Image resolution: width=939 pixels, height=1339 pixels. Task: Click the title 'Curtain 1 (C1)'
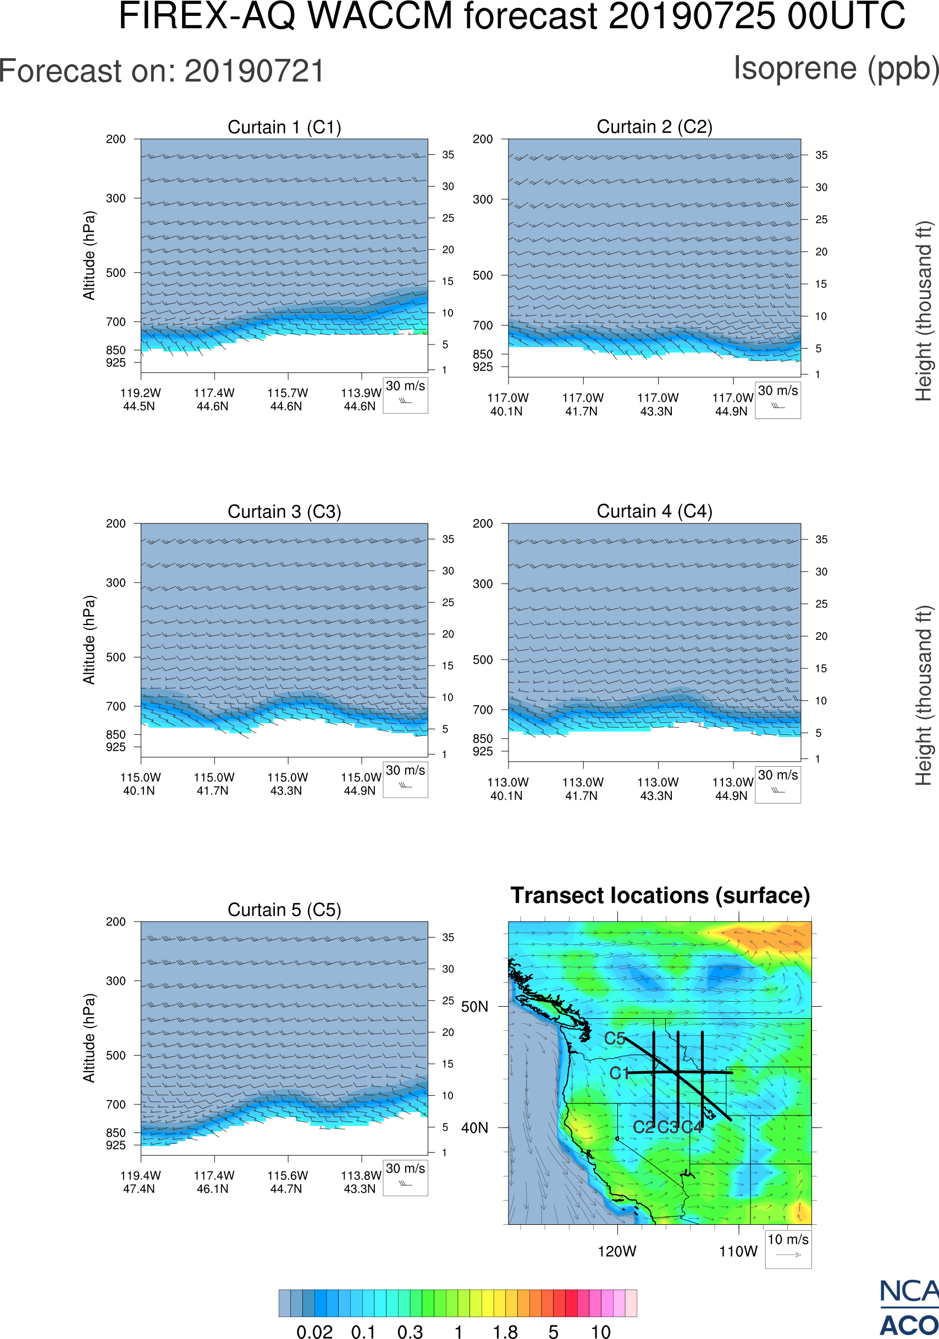[284, 127]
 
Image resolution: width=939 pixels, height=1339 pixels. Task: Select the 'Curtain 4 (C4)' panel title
[654, 511]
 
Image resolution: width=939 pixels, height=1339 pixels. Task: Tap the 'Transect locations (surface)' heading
[660, 895]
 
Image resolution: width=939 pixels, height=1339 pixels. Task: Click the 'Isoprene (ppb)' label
[836, 68]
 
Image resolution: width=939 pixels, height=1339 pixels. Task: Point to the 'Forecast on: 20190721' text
[162, 71]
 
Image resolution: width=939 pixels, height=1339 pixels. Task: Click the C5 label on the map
[615, 1039]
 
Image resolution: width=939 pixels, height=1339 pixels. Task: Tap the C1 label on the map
[619, 1073]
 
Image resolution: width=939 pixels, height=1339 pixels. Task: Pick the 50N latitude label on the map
[474, 1007]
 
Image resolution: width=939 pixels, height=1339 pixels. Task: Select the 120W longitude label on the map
[617, 1252]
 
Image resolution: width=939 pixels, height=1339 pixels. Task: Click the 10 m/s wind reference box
[788, 1248]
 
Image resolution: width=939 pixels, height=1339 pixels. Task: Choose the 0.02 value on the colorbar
[314, 1331]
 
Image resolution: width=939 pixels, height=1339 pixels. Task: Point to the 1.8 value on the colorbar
[505, 1331]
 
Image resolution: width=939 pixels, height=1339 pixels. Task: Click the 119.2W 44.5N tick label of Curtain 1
[140, 399]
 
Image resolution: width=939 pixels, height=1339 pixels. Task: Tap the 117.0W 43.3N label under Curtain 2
[658, 404]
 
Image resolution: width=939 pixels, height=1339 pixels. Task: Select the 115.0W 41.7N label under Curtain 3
[214, 784]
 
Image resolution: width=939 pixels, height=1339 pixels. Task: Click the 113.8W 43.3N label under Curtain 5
[361, 1181]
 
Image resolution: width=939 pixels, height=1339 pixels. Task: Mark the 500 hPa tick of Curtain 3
[115, 657]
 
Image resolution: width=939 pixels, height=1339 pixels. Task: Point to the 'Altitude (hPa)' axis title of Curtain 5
[89, 1038]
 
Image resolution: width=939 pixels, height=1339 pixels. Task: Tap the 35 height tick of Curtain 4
[821, 539]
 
